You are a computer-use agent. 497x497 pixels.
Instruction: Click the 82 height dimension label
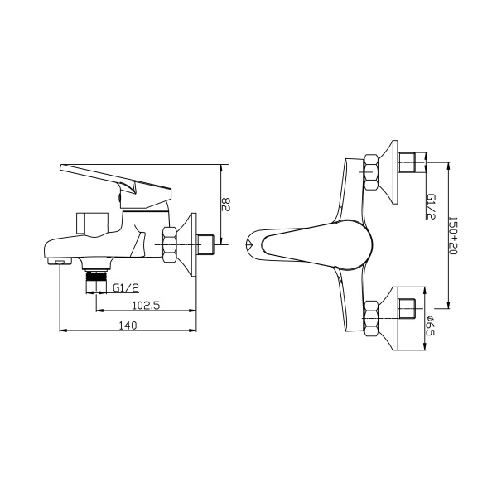[x=225, y=205]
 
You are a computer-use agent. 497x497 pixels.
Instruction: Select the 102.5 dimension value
[x=146, y=305]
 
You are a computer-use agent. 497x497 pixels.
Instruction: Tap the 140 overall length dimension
[x=128, y=326]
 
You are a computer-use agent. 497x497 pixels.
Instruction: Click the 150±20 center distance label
[x=453, y=236]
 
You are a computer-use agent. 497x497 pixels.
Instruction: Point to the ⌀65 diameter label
[x=431, y=326]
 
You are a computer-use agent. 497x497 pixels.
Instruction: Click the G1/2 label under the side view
[x=126, y=287]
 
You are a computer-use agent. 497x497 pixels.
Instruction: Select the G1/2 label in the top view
[x=431, y=206]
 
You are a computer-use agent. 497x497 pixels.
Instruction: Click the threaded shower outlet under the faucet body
[x=96, y=281]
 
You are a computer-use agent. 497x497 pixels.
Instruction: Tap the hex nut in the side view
[x=170, y=244]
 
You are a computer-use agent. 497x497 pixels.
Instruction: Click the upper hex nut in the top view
[x=371, y=172]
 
